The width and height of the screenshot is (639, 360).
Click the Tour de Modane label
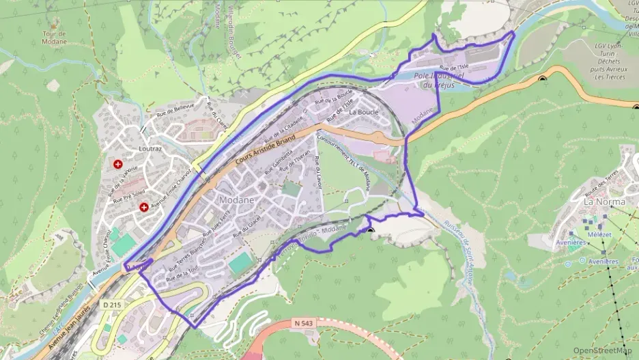pos(55,37)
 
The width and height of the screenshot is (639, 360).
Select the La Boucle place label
pos(363,111)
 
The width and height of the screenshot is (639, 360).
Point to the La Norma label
pos(602,202)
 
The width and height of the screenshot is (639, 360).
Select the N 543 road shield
pos(307,321)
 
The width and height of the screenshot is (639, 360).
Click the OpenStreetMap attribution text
pos(602,350)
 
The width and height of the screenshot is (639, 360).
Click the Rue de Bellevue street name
pos(175,109)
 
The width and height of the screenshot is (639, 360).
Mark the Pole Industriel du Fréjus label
pos(439,81)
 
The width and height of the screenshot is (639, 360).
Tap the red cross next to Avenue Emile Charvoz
pos(144,207)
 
